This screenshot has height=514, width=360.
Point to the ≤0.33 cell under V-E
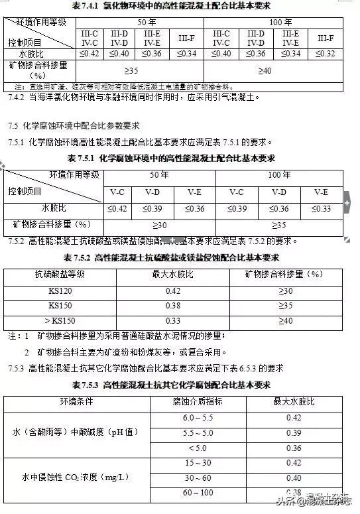tap(321, 209)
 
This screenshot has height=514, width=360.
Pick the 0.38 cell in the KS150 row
tap(173, 306)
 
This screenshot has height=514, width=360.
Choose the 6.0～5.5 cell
tap(198, 418)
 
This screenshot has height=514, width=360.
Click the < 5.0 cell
tap(198, 448)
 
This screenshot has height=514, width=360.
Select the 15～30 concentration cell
tap(198, 463)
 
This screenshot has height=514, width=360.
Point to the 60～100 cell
tap(198, 493)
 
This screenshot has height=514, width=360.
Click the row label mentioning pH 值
tap(76, 432)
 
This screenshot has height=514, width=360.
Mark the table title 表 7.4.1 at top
tap(179, 7)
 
